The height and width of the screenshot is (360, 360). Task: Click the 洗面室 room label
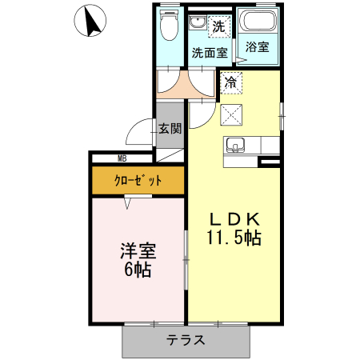210,54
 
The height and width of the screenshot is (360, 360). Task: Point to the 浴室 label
258,47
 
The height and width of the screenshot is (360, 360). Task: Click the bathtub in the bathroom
258,22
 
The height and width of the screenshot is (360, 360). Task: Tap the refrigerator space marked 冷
230,82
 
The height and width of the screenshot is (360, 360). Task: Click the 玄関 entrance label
170,128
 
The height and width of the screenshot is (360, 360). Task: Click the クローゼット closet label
138,181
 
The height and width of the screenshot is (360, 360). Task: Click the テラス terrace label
186,340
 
